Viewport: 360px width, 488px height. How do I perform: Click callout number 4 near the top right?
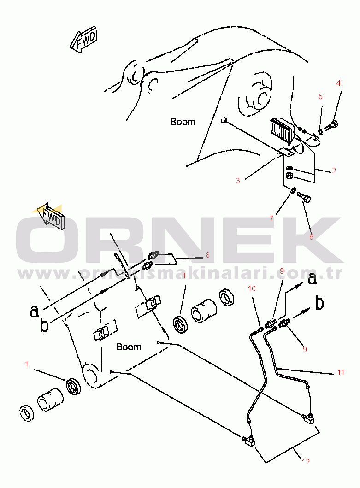(x=338, y=83)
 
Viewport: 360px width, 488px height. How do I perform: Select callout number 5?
(x=320, y=96)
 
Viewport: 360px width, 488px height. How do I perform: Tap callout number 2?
(x=334, y=171)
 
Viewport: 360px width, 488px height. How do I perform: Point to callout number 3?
(x=238, y=181)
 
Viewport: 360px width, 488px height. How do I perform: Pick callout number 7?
(x=271, y=218)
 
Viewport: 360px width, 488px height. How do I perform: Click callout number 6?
(x=311, y=237)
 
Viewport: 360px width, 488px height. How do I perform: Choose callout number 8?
(x=207, y=254)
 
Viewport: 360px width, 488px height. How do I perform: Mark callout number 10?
(x=252, y=289)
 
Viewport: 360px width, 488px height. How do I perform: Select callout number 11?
(x=341, y=372)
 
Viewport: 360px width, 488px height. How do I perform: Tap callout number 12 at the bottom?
(x=306, y=461)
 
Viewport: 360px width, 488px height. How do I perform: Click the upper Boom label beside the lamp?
(x=183, y=122)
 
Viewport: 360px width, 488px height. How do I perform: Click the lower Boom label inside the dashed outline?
(x=128, y=347)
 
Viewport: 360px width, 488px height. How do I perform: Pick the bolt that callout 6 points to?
(x=305, y=198)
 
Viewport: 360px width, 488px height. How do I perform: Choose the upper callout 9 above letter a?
(x=282, y=271)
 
